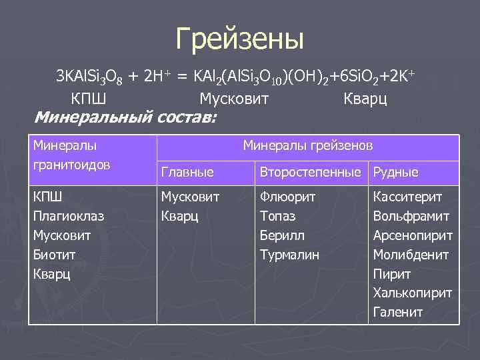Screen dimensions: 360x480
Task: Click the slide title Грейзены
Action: click(x=239, y=39)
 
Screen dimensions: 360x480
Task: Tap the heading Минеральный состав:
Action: click(x=125, y=118)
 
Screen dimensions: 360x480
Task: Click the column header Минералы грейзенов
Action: click(x=308, y=145)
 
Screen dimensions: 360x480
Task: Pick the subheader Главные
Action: click(x=187, y=173)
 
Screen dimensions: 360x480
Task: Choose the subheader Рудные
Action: click(x=396, y=173)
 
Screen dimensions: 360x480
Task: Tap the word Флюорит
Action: click(x=287, y=197)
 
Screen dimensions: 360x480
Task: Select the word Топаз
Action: click(x=278, y=217)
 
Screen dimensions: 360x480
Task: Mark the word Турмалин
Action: click(x=289, y=255)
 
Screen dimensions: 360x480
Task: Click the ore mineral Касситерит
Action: click(x=408, y=197)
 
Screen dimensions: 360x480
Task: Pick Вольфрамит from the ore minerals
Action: click(x=411, y=217)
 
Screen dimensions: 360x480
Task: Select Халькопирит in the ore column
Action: click(x=413, y=293)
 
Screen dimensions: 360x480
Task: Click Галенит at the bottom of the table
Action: click(x=398, y=312)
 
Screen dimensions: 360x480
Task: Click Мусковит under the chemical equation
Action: click(x=234, y=99)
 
